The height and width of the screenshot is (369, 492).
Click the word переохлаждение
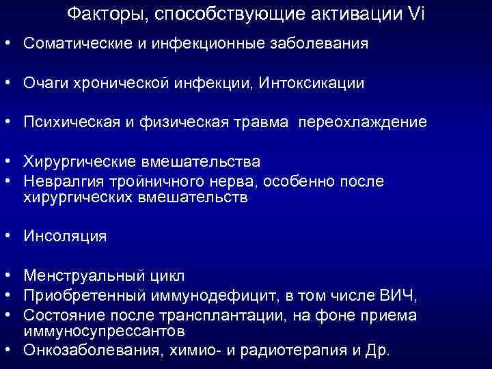[x=369, y=123]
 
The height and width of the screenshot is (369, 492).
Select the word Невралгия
[x=60, y=182]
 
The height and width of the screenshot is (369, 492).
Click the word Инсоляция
[x=65, y=236]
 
